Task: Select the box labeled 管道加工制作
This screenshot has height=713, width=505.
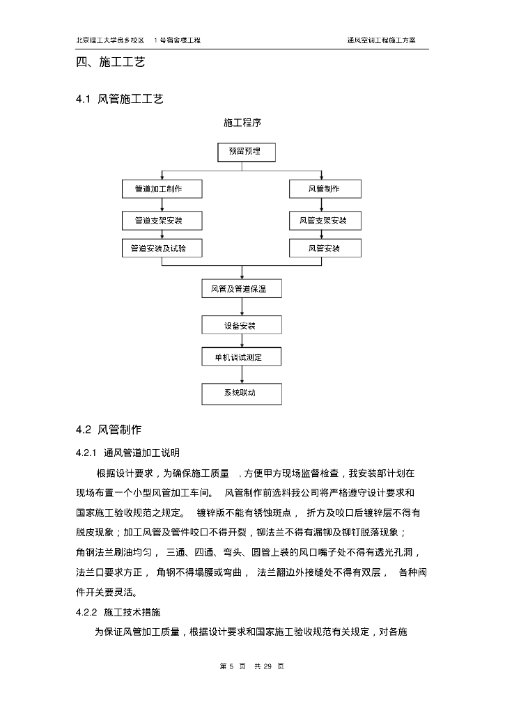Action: (162, 189)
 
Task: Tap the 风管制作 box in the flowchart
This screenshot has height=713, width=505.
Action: (325, 189)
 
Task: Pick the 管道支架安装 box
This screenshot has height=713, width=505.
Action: (162, 221)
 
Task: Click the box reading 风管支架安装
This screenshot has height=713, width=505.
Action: (325, 221)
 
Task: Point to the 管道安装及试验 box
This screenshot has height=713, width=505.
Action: (162, 248)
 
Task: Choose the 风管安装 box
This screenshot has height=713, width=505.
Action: (325, 248)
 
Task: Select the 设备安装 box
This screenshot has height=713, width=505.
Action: (242, 325)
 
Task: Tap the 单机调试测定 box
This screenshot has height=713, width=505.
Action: (242, 357)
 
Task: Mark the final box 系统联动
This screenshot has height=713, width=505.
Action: (242, 393)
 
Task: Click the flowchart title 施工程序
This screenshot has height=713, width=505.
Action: (242, 123)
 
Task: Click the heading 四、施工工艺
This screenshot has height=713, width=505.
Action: (110, 62)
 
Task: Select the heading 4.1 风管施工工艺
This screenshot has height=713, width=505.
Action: (120, 100)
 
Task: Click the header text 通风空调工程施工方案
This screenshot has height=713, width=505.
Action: (382, 40)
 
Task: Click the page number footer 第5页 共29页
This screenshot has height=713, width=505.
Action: (251, 666)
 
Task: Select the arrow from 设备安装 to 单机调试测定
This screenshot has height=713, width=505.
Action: (242, 341)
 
